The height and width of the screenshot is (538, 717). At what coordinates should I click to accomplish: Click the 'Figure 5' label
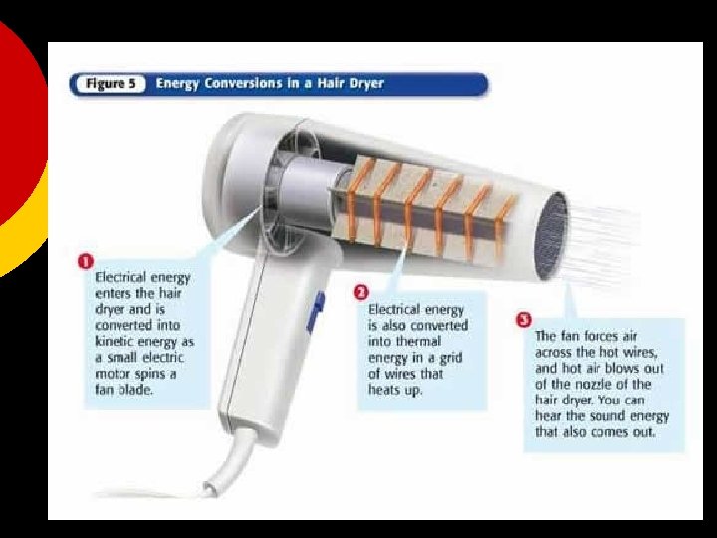click(x=112, y=84)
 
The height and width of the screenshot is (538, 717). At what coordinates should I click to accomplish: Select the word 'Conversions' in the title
click(x=243, y=84)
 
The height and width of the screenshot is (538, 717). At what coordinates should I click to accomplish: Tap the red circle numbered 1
click(x=86, y=261)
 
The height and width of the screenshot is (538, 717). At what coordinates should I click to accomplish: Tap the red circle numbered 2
click(x=361, y=292)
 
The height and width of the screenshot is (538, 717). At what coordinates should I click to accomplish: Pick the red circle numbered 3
click(x=524, y=320)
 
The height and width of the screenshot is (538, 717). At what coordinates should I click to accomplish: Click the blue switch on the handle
click(x=316, y=312)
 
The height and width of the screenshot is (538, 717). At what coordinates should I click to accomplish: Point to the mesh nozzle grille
click(x=551, y=236)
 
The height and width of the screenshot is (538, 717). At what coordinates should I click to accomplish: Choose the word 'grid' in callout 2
click(x=450, y=358)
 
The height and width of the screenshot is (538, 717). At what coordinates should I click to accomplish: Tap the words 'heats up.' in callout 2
click(x=396, y=390)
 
